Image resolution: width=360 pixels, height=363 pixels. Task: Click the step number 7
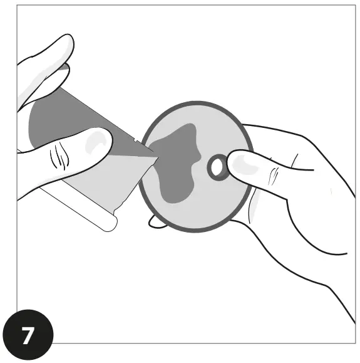(x=28, y=336)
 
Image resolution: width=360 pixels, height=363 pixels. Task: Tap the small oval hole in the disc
(x=217, y=167)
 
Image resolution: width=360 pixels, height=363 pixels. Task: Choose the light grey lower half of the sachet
(x=106, y=182)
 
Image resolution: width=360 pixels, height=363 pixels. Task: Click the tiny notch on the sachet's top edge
(x=136, y=136)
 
